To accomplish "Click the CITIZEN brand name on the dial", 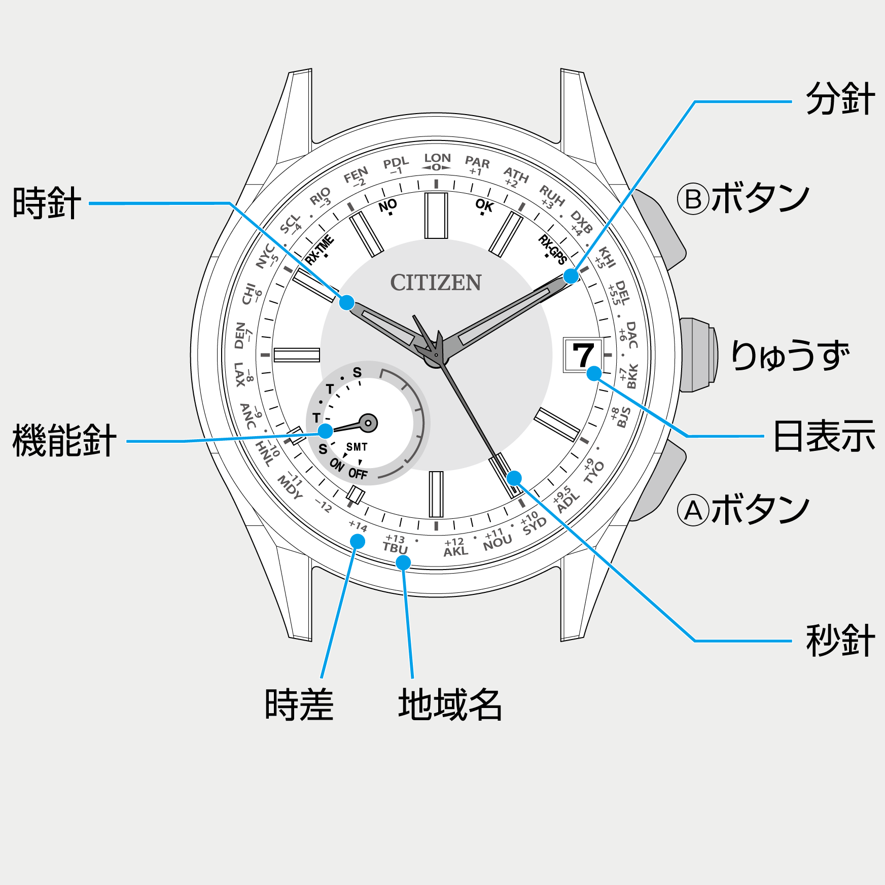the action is click(x=436, y=282).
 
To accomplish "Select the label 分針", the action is click(x=840, y=99).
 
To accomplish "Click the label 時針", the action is click(x=47, y=203).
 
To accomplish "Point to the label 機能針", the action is click(x=64, y=440).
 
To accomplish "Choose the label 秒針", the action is click(x=840, y=641).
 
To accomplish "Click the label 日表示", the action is click(x=824, y=436).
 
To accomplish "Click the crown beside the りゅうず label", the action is click(x=698, y=355).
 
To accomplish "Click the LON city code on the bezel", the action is click(x=437, y=158).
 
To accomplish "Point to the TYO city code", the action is click(x=594, y=473).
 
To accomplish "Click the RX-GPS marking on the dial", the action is click(x=553, y=249).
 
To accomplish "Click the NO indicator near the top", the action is click(x=388, y=205).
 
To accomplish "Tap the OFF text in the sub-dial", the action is click(x=358, y=474).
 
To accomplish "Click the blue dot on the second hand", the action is click(x=514, y=478).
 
